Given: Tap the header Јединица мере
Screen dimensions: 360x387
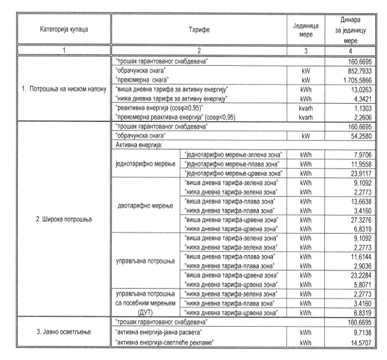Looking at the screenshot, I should tap(309, 30).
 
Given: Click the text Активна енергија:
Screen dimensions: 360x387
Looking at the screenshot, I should tap(137, 145).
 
